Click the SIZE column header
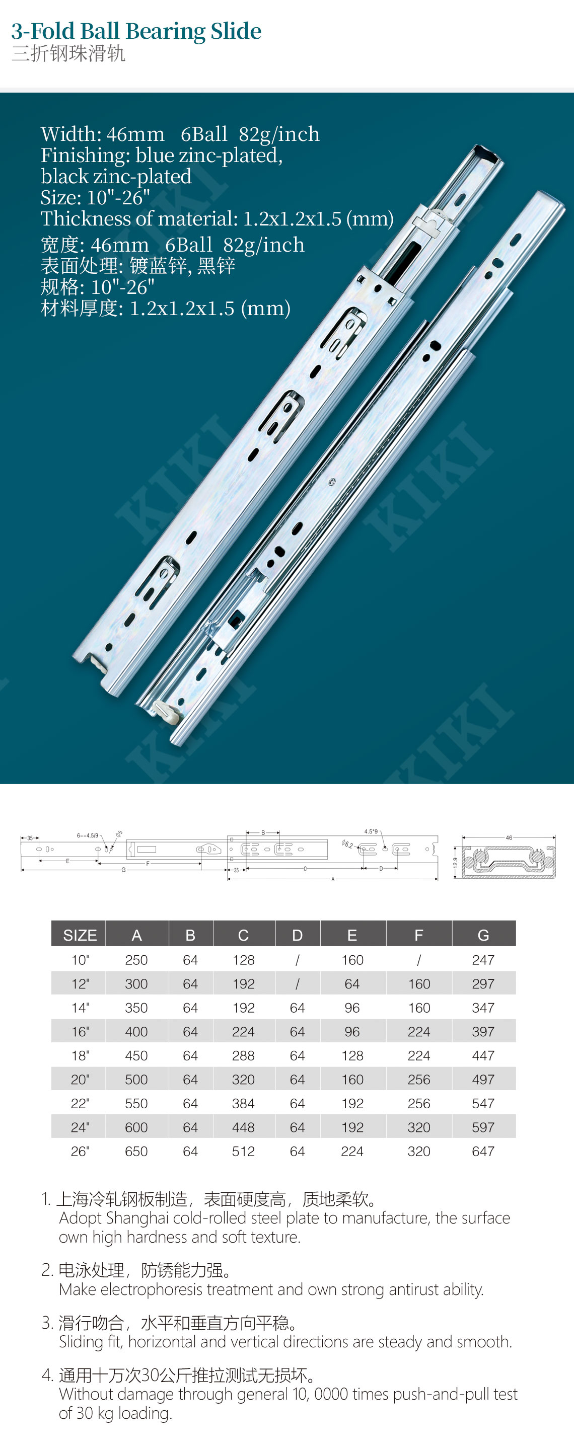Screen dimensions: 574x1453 tap(80, 935)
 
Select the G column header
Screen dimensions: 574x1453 tap(483, 935)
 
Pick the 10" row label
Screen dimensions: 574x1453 tap(80, 959)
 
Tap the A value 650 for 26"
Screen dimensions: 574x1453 tap(136, 1151)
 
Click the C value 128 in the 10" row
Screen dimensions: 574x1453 tap(243, 959)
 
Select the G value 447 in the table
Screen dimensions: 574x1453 tap(483, 1055)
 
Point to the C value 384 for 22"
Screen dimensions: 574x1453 tap(243, 1103)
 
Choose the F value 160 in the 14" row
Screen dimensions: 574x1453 tap(419, 1008)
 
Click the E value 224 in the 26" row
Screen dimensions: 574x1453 tap(352, 1151)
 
